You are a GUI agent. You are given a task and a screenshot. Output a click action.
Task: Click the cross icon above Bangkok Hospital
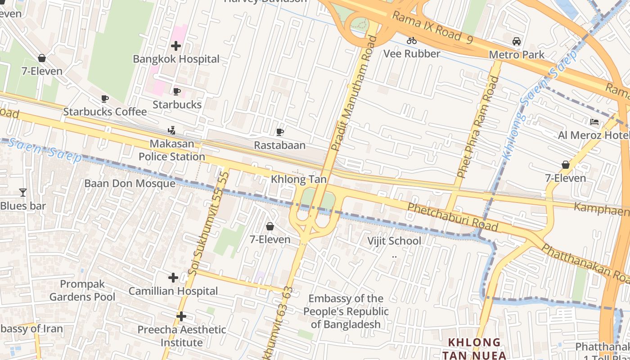point(176,46)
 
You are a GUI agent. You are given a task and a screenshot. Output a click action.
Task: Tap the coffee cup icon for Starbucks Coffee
point(105,99)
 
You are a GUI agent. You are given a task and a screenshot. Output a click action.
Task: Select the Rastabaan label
point(279,145)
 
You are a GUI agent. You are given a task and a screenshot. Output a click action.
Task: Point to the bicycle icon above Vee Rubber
point(411,40)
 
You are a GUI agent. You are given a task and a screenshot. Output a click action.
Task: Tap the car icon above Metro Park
point(517,41)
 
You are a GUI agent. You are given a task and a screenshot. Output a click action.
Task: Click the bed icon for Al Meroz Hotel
point(594,122)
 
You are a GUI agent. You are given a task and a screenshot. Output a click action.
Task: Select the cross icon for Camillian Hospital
point(173,278)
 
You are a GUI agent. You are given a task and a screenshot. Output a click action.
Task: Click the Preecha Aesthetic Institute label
point(182,336)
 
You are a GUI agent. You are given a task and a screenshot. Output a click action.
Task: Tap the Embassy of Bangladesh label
point(346,311)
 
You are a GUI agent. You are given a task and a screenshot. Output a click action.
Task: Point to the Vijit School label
point(394,241)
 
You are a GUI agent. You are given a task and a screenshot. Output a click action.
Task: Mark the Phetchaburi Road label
point(453,217)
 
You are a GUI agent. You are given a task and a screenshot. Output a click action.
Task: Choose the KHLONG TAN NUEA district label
point(474,348)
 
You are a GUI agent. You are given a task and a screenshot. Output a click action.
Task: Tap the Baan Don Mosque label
point(130,183)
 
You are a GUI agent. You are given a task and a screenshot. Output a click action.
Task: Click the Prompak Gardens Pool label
point(82,291)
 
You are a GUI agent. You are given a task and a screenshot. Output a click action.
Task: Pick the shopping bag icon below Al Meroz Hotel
point(566,165)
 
